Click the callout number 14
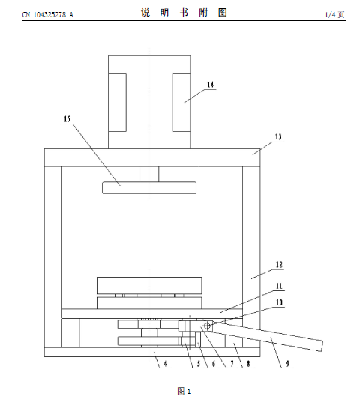click(x=211, y=85)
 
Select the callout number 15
click(x=67, y=119)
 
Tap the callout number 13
click(x=278, y=137)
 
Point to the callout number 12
click(x=279, y=265)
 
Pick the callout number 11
click(x=279, y=286)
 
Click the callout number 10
click(x=279, y=302)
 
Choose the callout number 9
click(x=288, y=364)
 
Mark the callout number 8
click(x=248, y=364)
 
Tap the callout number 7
click(x=232, y=364)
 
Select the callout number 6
click(x=214, y=364)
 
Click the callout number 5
click(x=199, y=364)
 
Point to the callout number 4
click(x=165, y=364)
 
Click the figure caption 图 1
click(x=184, y=391)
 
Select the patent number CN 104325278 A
click(x=48, y=14)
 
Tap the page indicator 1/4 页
click(x=334, y=14)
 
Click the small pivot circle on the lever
click(x=207, y=325)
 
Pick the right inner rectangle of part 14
click(x=181, y=102)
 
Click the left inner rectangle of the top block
click(x=117, y=102)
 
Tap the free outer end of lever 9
click(x=322, y=345)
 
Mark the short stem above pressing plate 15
click(x=149, y=174)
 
